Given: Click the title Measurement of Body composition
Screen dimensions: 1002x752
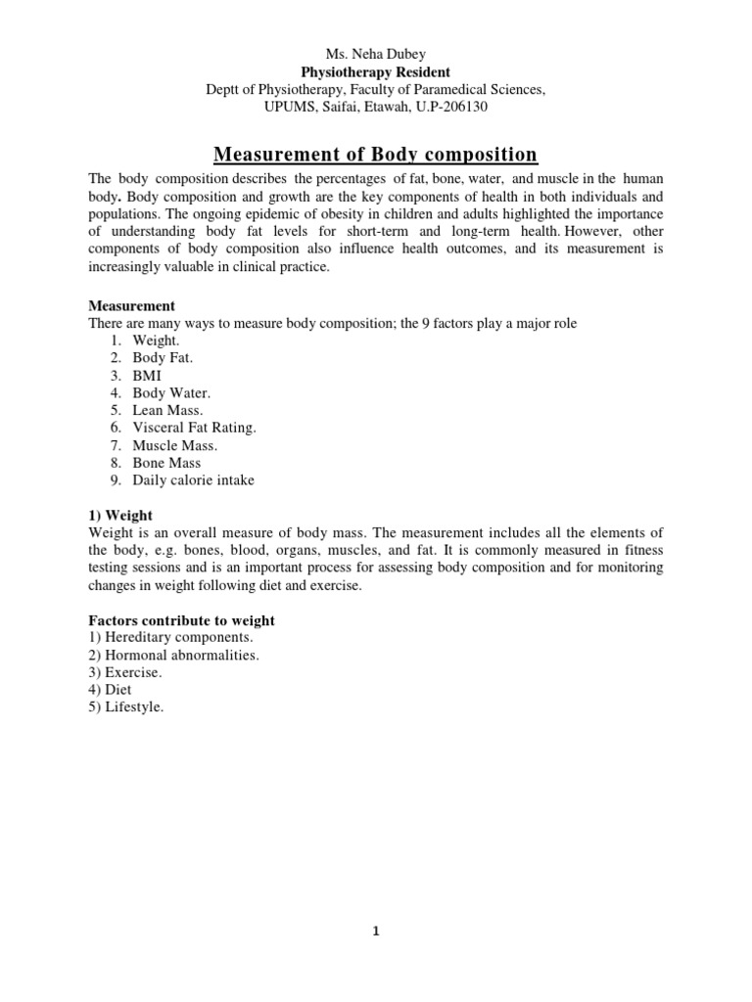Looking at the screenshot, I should click(376, 154).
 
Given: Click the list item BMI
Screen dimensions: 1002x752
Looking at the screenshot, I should click(147, 375).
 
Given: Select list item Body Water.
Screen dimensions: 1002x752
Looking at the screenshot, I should click(171, 392).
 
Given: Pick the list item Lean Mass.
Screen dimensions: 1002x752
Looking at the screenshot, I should click(168, 410).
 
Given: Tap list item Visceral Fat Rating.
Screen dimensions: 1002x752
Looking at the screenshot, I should click(194, 428).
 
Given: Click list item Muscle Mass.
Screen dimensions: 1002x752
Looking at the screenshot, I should click(174, 445).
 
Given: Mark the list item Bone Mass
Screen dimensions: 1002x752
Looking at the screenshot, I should click(166, 463).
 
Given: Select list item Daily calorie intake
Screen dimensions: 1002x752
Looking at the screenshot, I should click(193, 480).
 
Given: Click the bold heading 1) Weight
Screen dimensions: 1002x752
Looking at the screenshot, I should click(120, 515).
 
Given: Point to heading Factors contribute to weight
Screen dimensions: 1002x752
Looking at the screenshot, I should click(181, 620).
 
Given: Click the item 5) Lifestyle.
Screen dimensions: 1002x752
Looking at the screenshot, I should click(126, 707).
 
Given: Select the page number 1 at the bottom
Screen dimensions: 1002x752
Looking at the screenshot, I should click(376, 932).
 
